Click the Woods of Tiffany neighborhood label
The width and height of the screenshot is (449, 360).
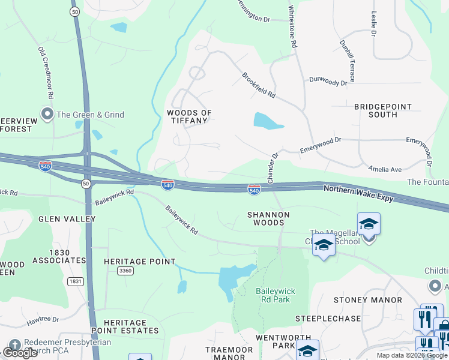point(190,116)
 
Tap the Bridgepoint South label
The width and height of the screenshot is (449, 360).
point(384,110)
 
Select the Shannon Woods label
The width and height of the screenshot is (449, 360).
point(268,218)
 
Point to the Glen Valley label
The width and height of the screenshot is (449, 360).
point(67,219)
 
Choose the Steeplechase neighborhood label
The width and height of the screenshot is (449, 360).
point(328,318)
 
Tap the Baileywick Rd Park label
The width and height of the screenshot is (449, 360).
point(273,295)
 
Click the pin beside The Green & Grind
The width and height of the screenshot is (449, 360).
point(46,114)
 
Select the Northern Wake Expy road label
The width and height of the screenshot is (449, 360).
point(358,192)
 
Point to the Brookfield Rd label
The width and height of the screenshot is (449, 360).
point(259,86)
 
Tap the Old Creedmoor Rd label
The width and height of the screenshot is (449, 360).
point(46,73)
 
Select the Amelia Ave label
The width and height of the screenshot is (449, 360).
point(385,170)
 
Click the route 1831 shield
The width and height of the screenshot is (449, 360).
point(75,281)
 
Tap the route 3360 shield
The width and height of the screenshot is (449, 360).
point(125,271)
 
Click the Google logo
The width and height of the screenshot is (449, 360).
point(20,353)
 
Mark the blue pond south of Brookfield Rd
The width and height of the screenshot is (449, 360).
point(267,121)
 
